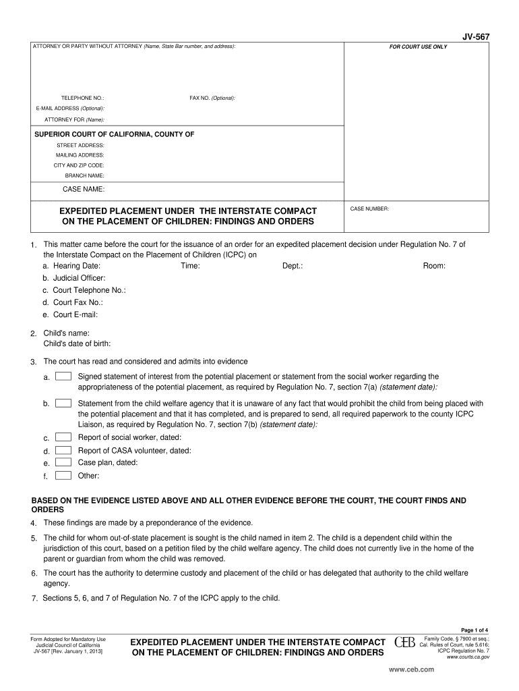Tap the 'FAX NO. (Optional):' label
[x=212, y=98]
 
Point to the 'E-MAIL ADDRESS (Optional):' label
[x=70, y=109]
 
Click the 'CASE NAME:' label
[x=84, y=189]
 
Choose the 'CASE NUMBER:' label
[x=369, y=209]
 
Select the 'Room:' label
[x=434, y=267]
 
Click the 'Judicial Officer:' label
[x=79, y=277]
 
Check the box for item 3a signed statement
[x=63, y=377]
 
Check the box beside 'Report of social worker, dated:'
[x=63, y=438]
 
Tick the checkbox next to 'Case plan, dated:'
[x=63, y=463]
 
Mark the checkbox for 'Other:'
[x=63, y=475]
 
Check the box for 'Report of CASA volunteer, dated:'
[x=63, y=450]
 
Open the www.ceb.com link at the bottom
[x=412, y=669]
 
